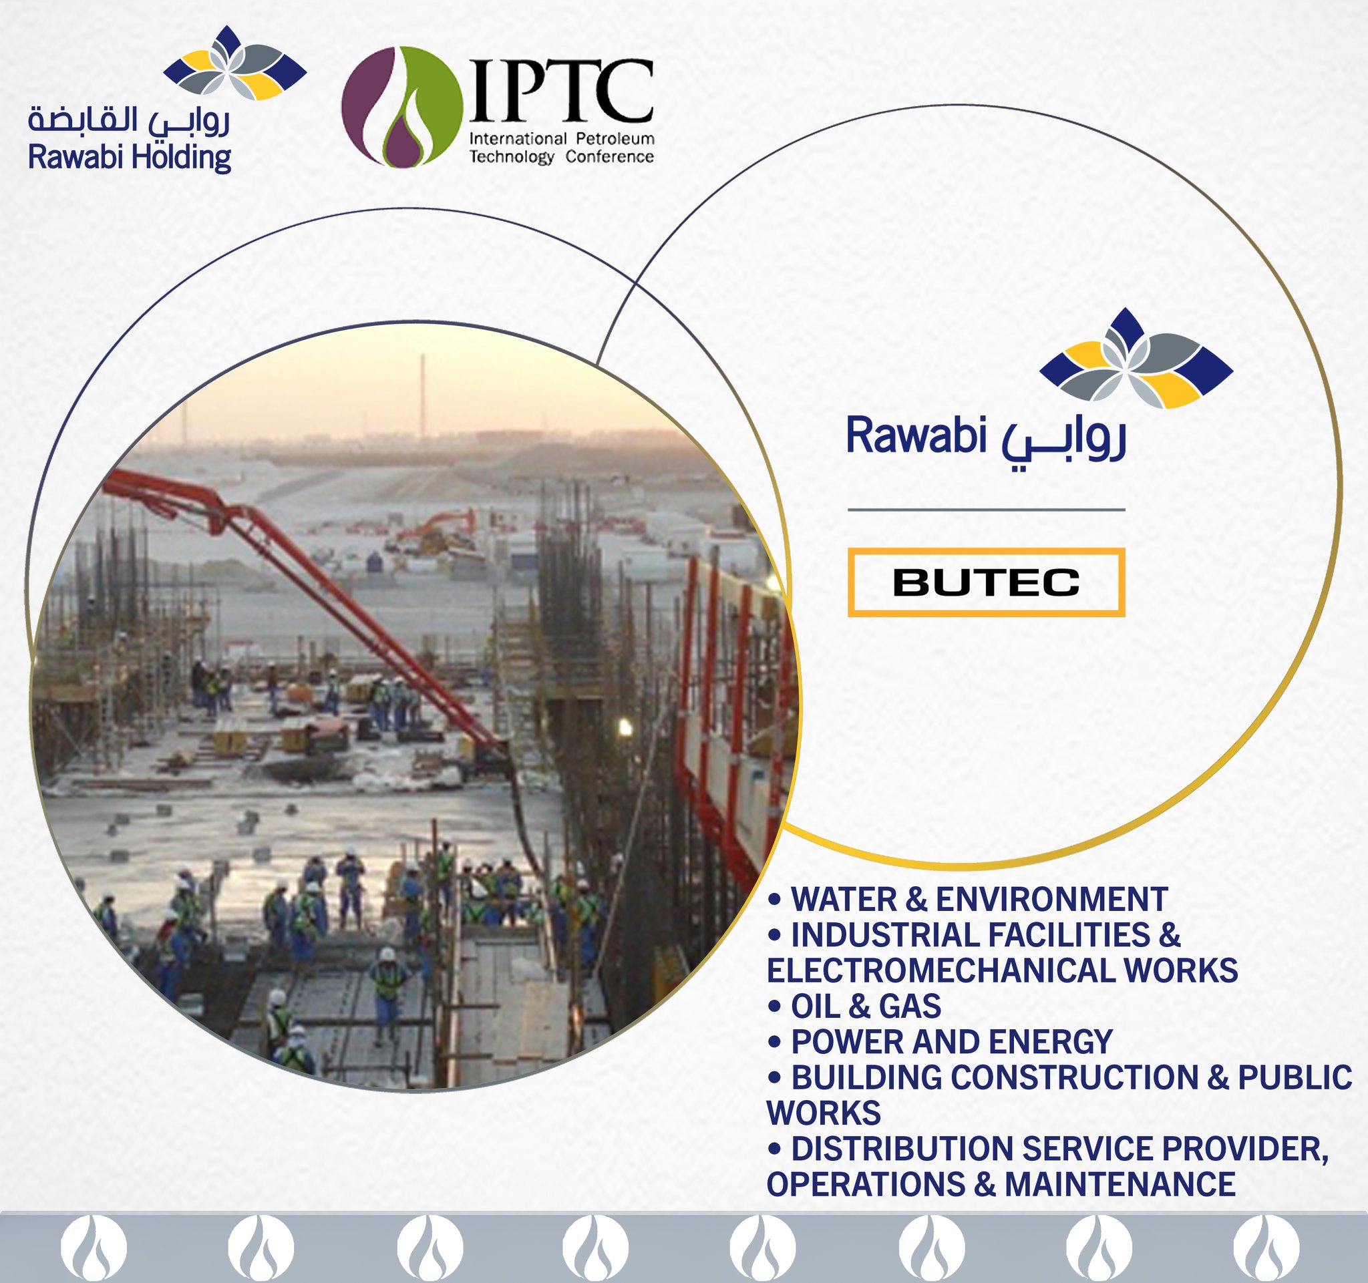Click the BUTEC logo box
pyautogui.click(x=985, y=582)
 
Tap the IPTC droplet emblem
pyautogui.click(x=402, y=107)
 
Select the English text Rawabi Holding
pyautogui.click(x=130, y=158)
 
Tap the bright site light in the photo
pyautogui.click(x=625, y=727)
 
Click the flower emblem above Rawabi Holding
pyautogui.click(x=234, y=63)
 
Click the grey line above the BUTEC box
pyautogui.click(x=985, y=510)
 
